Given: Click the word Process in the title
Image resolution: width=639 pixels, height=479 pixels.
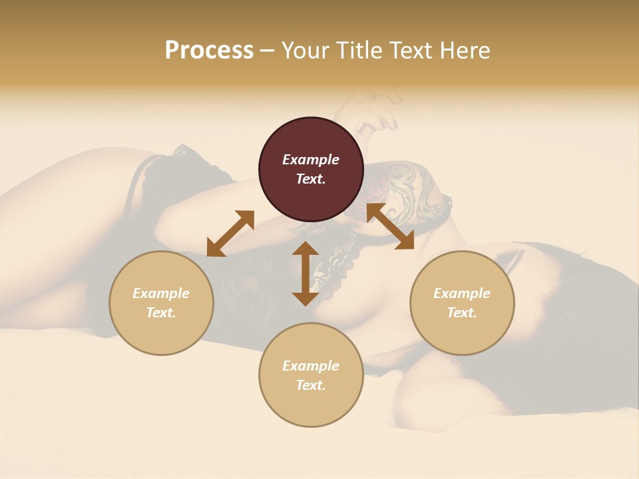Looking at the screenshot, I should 209,51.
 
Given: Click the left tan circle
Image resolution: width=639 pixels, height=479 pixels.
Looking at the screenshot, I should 161,303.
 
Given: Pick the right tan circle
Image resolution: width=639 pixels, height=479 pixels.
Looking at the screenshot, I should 462,303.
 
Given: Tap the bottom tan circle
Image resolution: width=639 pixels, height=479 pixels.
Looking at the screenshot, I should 311,375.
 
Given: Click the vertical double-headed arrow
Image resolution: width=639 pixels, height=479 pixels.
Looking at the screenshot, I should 306,273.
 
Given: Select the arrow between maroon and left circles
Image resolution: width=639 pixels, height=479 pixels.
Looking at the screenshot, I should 230,234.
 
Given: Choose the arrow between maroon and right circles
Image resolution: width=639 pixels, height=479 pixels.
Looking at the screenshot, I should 390,227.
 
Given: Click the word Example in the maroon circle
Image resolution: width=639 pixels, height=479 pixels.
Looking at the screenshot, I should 311,160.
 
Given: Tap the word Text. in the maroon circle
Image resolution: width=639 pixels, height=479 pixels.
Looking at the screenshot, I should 311,179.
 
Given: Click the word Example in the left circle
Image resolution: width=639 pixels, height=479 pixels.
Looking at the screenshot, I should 161,293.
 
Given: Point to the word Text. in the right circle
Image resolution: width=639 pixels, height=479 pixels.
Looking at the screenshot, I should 462,313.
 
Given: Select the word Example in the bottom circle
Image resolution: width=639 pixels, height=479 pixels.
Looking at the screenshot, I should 311,366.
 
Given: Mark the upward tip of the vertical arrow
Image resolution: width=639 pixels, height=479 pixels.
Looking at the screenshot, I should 306,244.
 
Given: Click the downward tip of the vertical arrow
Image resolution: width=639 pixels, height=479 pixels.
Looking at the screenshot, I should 306,303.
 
